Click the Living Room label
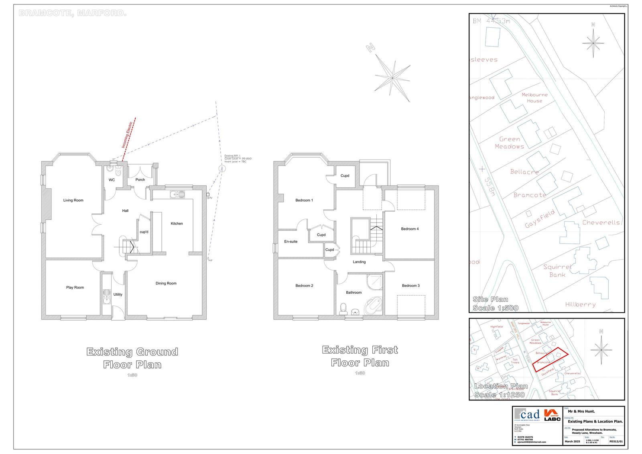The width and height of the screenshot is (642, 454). coord(73,200)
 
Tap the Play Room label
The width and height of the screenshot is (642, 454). coord(75,287)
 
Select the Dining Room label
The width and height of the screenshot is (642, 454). coord(166,283)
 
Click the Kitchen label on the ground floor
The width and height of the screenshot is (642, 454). coord(177,223)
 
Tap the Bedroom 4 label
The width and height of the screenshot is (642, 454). coord(410,229)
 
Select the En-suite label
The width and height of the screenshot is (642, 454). coord(291,241)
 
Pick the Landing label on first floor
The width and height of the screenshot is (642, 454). coord(359,262)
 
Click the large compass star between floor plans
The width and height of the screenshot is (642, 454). coord(393,76)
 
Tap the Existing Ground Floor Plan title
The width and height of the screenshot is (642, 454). coord(132,358)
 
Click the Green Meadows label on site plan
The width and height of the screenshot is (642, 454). coord(510,143)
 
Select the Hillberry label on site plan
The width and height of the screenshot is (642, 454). coord(580,305)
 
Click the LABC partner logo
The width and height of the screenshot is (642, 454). coord(552,415)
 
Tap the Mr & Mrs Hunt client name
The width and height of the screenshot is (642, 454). coord(581,411)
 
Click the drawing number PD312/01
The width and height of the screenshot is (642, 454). coord(616,441)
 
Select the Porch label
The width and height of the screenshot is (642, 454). coord(140,180)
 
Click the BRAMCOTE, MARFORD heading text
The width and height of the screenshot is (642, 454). coord(73,13)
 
